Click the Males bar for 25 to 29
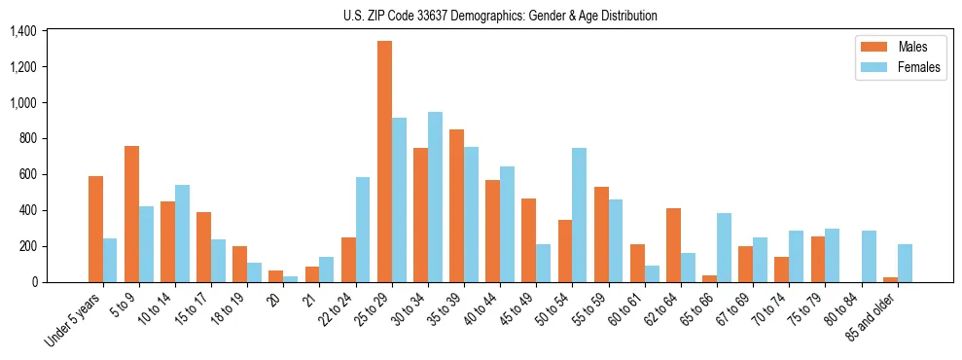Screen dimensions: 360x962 pos(384,162)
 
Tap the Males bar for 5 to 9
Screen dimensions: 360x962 pos(131,214)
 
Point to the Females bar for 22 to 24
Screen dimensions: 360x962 pos(363,230)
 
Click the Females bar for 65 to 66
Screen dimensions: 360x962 pos(724,247)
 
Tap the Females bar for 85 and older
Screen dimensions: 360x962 pos(905,263)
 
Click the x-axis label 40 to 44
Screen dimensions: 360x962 pos(492,309)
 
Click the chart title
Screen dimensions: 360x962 pos(500,16)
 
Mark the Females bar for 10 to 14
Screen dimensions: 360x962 pos(182,234)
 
